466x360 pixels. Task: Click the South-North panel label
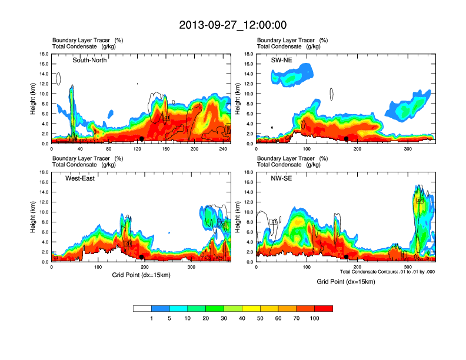click(x=89, y=60)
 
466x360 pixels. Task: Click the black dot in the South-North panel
click(x=142, y=138)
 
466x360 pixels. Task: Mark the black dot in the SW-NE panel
click(x=347, y=138)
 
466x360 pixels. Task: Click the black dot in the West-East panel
click(x=142, y=256)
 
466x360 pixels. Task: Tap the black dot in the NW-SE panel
click(x=347, y=256)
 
